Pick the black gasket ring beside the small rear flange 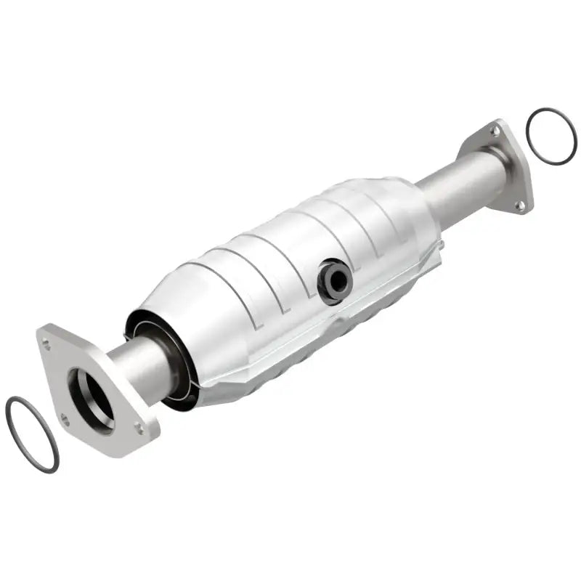point(551,136)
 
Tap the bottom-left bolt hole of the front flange point(65,419)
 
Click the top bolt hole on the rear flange point(495,131)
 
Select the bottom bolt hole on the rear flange point(520,206)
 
